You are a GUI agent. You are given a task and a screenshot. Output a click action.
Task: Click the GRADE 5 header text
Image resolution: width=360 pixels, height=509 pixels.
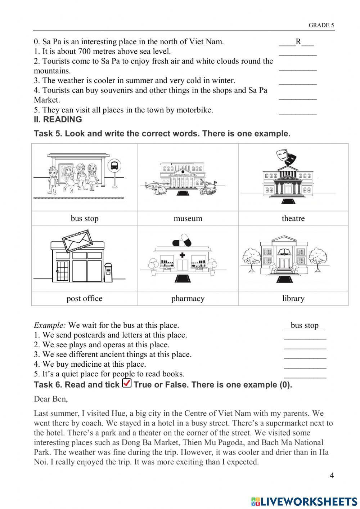coord(321,25)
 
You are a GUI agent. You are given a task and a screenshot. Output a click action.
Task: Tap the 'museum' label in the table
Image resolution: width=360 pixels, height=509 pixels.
coord(188,219)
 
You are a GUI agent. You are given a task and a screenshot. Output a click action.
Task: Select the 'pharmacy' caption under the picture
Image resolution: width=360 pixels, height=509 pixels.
coord(188,299)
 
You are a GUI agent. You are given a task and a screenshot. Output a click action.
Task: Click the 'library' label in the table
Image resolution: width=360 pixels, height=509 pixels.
coord(293,299)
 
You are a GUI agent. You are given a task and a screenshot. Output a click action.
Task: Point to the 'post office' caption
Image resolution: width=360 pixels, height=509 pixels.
coord(84,299)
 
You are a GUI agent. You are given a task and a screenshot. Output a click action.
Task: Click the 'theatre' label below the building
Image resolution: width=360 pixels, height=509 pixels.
coord(293,219)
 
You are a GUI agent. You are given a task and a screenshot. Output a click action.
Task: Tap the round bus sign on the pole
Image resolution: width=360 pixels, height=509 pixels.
coord(114,166)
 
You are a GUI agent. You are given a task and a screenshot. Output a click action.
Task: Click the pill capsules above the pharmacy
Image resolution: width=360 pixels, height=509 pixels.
coord(182,240)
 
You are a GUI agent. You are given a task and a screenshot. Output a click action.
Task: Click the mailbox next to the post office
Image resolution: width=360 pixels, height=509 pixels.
coord(108,272)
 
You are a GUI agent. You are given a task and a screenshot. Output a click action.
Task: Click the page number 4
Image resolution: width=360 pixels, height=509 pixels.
coord(332,475)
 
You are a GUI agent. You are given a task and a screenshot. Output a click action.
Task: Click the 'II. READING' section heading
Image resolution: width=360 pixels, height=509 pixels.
coord(58,120)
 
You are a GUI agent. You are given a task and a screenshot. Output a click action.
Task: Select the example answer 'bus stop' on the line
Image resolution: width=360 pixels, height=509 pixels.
coord(304,325)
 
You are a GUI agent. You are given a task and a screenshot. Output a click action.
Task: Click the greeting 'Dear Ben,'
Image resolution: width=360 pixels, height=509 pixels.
coord(51,399)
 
